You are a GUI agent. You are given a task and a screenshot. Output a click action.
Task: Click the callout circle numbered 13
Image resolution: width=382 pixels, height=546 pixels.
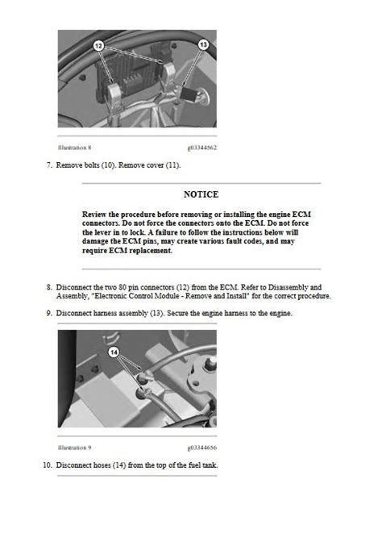click(x=203, y=44)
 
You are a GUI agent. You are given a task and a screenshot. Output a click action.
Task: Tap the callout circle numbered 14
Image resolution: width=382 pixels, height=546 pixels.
click(x=114, y=352)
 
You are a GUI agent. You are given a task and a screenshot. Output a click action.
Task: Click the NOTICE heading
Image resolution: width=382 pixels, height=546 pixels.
click(x=201, y=194)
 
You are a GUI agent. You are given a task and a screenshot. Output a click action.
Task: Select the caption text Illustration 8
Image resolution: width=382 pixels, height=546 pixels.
click(x=74, y=148)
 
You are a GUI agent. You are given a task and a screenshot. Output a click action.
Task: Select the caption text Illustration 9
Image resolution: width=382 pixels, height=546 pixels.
click(x=74, y=446)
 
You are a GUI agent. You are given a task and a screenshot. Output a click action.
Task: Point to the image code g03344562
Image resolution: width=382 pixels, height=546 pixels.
click(x=202, y=148)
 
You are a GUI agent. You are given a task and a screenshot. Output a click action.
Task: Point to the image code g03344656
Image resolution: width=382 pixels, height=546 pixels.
click(x=202, y=446)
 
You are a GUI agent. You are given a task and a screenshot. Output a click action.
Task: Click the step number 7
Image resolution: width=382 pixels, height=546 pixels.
click(x=48, y=166)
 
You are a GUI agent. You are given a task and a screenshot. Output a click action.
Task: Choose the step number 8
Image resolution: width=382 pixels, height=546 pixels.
click(x=48, y=286)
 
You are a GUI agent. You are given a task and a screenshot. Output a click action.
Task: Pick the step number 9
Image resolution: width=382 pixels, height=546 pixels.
click(x=48, y=313)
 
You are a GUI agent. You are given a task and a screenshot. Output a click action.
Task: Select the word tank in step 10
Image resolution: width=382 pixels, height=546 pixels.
click(x=209, y=465)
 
